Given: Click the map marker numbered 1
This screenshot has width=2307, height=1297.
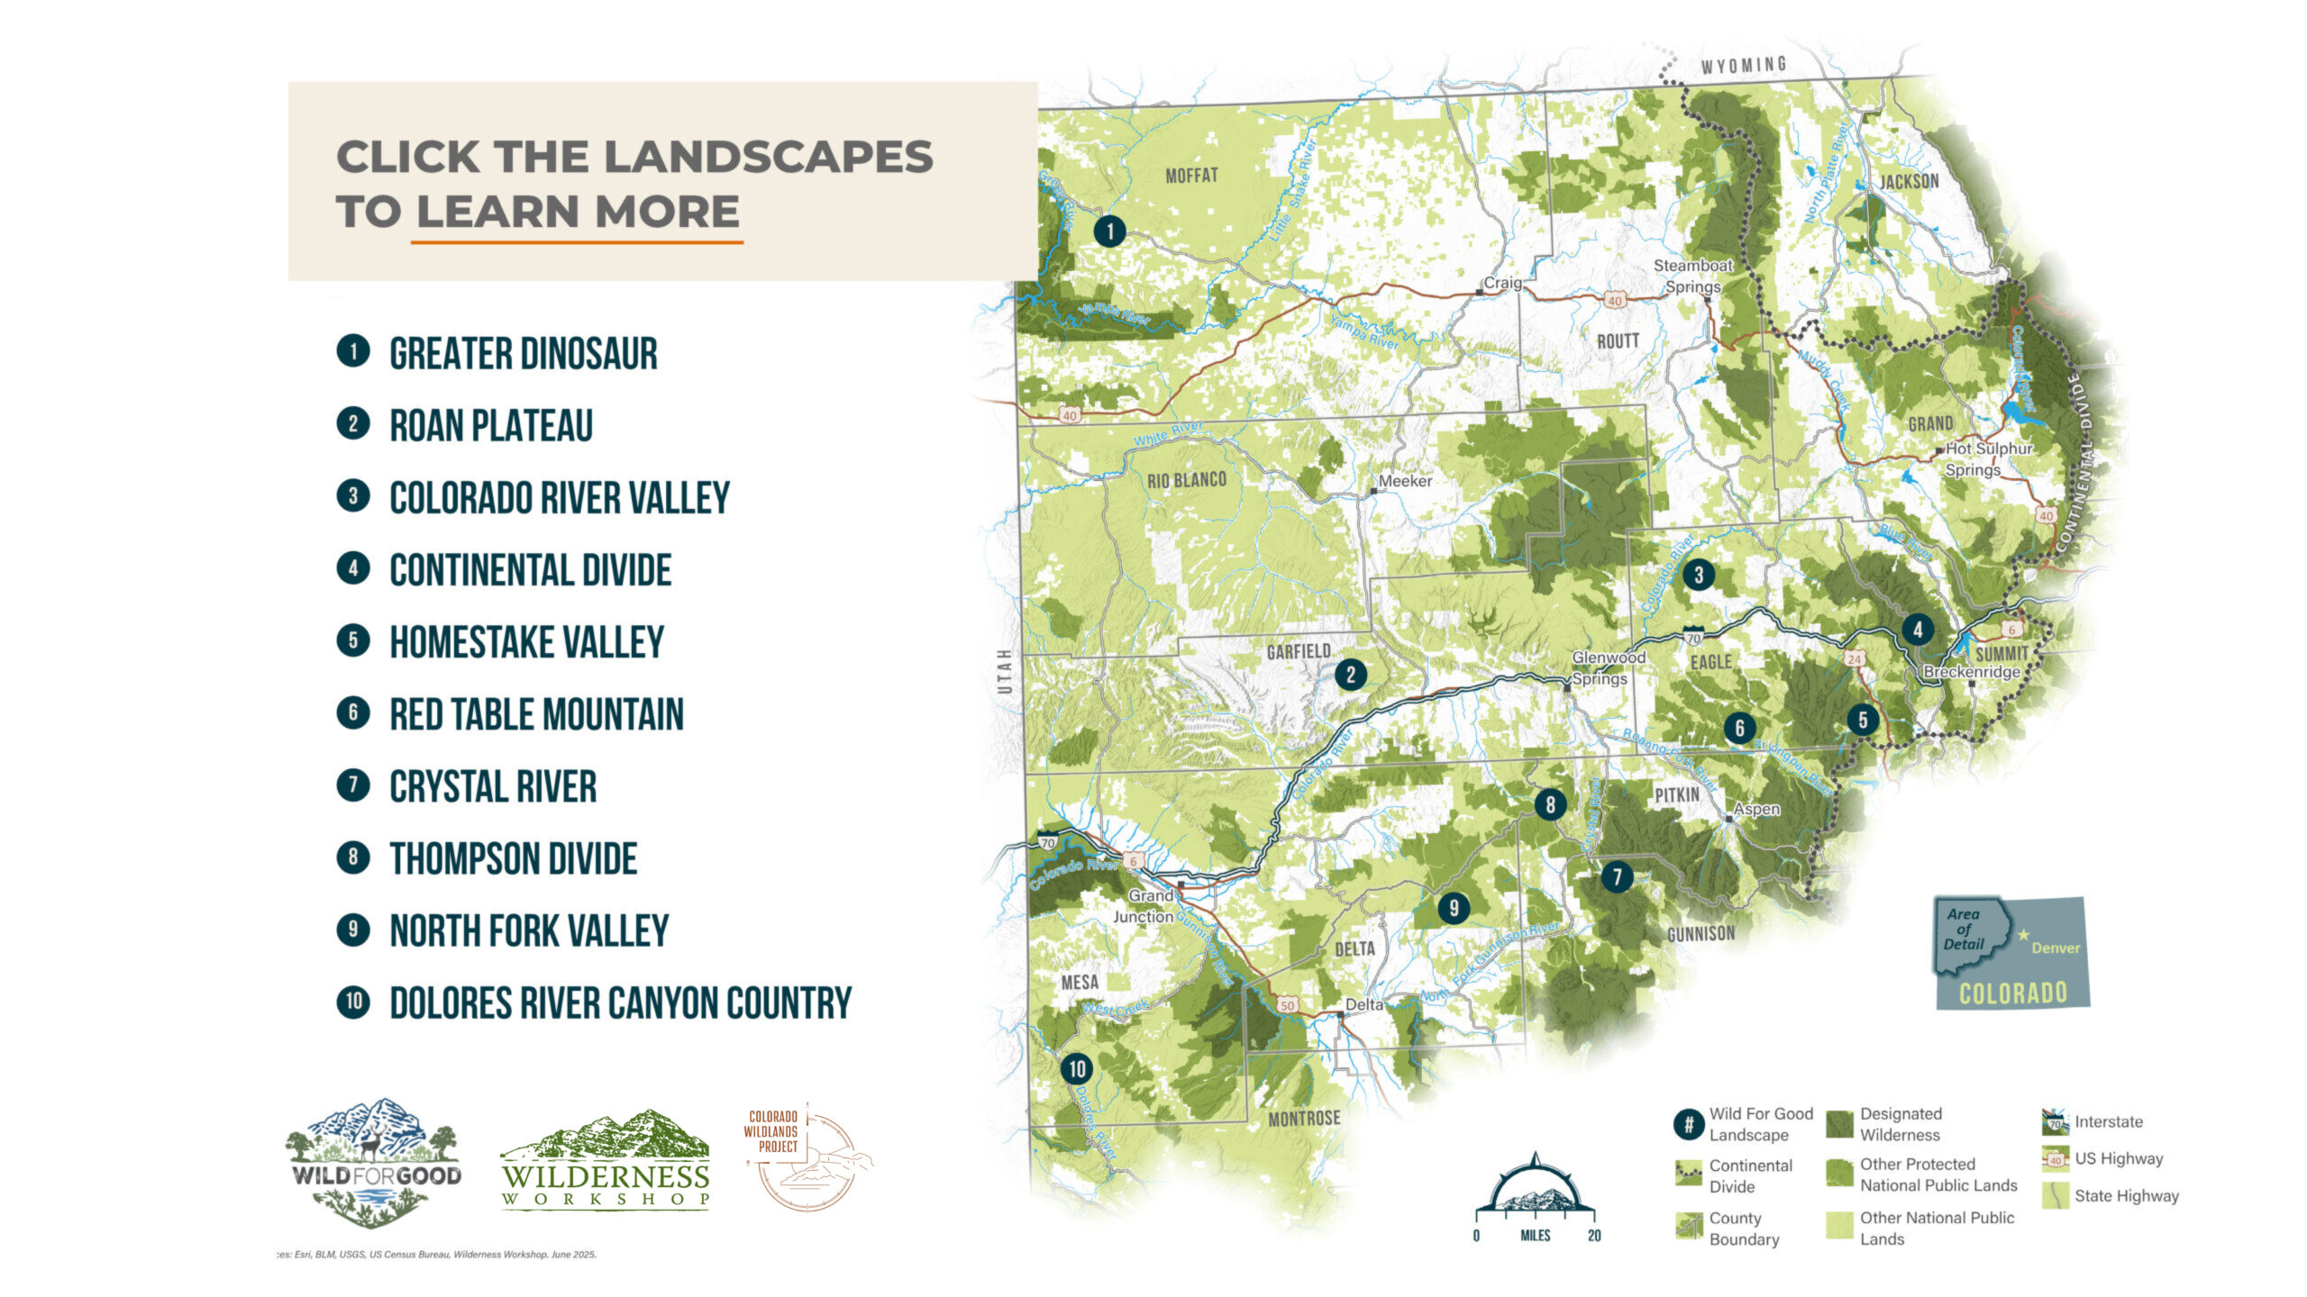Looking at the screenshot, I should tap(1109, 231).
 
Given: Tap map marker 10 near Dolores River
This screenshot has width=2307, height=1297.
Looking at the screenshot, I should tap(1077, 1069).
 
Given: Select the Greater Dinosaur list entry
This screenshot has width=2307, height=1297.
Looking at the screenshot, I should tap(523, 353).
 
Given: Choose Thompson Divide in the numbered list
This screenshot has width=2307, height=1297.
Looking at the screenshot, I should tap(513, 858).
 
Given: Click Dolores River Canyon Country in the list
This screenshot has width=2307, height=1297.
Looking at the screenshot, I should tap(620, 1003).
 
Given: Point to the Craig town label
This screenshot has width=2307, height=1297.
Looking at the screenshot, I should tap(1502, 283).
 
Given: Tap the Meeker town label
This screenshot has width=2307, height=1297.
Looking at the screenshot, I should tap(1405, 481).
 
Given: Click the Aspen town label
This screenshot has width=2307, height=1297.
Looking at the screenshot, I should tap(1756, 809).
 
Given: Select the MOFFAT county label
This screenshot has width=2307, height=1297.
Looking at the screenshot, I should tap(1191, 176).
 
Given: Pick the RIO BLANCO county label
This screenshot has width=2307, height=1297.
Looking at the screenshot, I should tap(1186, 480).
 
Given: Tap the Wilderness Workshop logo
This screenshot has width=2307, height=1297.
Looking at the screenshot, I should tap(606, 1161).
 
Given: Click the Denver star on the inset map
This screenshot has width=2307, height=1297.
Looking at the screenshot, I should tap(2023, 935).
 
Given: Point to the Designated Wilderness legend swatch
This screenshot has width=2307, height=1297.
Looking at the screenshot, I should tap(1840, 1124).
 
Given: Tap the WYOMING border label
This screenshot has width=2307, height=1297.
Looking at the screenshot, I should tap(1744, 65).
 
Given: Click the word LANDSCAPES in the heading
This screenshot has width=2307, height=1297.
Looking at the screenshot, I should tap(768, 157).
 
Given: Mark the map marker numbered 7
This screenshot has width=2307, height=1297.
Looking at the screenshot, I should tap(1617, 876).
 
